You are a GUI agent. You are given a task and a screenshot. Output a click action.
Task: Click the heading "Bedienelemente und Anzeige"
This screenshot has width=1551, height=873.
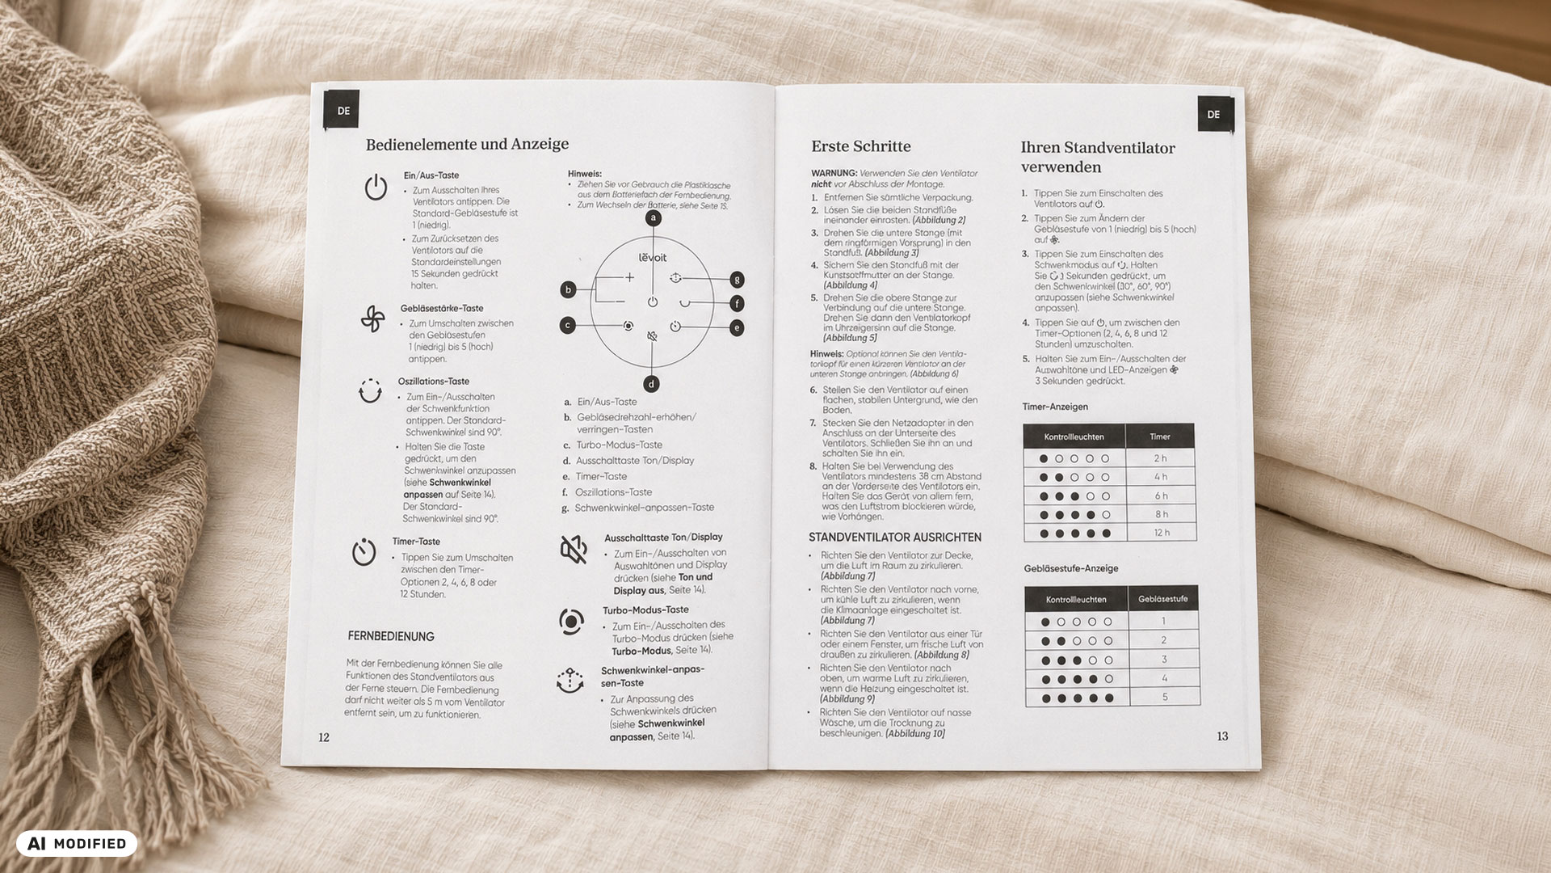pos(467,145)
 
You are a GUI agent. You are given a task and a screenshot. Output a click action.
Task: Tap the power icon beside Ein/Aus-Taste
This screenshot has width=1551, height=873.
pos(376,187)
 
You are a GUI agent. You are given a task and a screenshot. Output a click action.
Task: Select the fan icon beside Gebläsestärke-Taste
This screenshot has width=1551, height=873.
pos(372,319)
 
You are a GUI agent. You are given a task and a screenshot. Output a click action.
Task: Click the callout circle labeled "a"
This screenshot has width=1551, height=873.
pos(654,217)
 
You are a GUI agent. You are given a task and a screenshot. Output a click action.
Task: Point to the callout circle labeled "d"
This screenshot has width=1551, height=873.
pos(651,384)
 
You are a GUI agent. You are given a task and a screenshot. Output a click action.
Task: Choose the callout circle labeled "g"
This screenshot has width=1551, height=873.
pos(736,280)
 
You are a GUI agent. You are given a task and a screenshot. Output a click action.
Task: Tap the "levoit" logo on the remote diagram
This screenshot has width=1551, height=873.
pos(653,258)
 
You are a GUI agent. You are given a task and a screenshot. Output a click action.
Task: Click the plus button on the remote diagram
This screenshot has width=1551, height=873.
pos(630,277)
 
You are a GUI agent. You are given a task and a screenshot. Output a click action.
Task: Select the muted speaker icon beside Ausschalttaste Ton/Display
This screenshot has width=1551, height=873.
pos(574,550)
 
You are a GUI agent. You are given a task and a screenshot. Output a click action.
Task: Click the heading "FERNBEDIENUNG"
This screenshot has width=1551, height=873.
pos(391,637)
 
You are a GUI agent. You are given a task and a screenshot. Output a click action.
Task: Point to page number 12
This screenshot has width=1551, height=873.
pos(324,737)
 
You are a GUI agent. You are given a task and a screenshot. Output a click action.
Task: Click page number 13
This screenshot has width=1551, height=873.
pos(1222,736)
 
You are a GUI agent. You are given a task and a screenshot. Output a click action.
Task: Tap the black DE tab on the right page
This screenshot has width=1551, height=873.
pos(1213,114)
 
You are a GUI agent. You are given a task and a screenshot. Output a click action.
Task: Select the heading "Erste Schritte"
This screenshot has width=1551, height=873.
pos(860,146)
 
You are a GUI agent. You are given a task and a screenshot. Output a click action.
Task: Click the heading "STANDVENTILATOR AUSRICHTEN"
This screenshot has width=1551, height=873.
pos(895,538)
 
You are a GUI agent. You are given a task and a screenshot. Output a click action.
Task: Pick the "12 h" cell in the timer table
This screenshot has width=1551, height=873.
pos(1162,533)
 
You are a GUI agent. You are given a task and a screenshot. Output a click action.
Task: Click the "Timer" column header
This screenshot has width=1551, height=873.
pos(1160,436)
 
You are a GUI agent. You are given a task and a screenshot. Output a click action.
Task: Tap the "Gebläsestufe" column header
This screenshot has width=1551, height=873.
pos(1163,599)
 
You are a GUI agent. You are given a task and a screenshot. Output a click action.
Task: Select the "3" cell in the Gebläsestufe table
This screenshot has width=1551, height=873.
pos(1164,660)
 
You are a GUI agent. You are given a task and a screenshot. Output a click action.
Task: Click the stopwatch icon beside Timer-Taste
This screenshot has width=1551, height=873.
pos(364,552)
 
